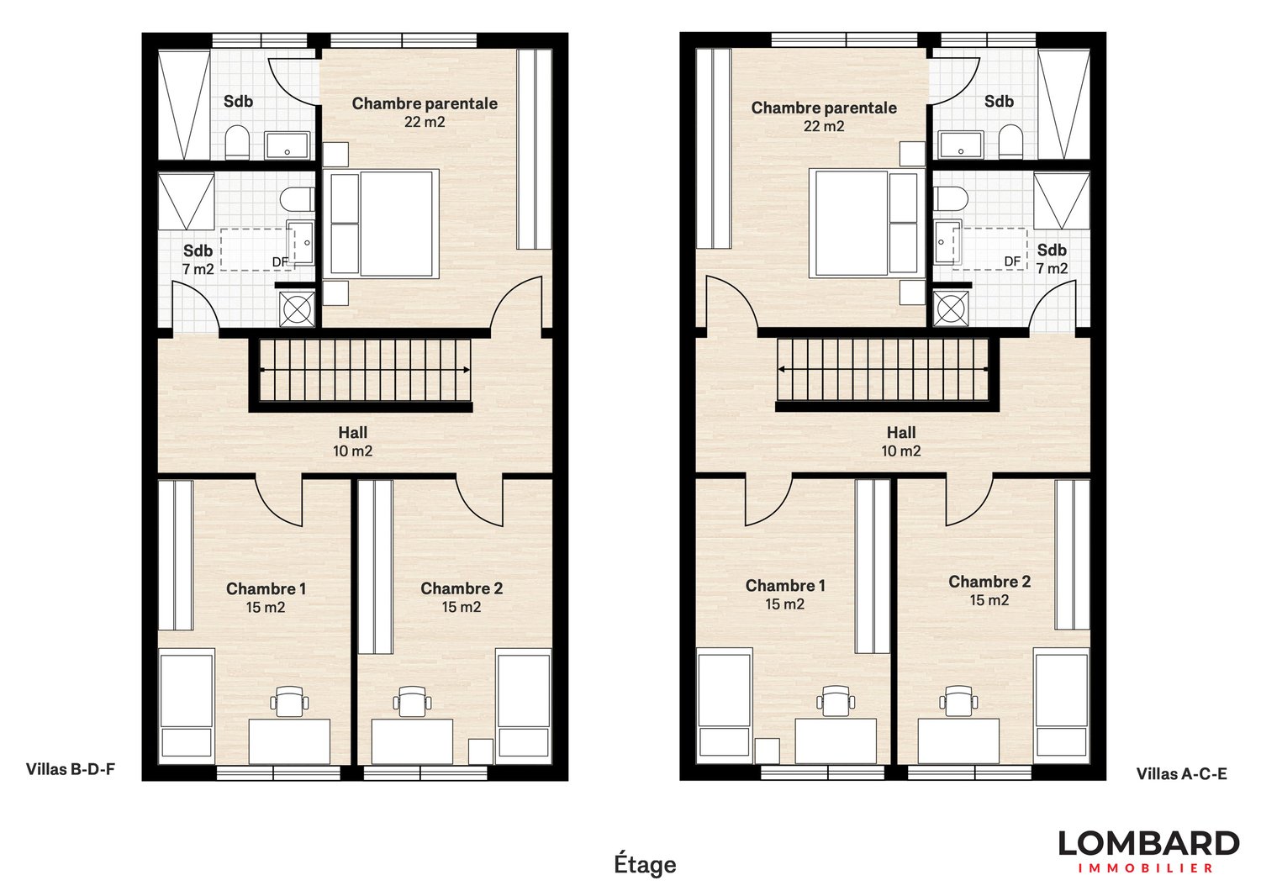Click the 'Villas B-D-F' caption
pyautogui.click(x=70, y=768)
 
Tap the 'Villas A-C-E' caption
pyautogui.click(x=1181, y=773)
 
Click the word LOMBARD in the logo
pyautogui.click(x=1148, y=843)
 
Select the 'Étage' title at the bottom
pyautogui.click(x=645, y=864)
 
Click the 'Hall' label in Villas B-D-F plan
pyautogui.click(x=353, y=433)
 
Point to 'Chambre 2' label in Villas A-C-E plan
pyautogui.click(x=989, y=582)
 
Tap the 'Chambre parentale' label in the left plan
pyautogui.click(x=425, y=103)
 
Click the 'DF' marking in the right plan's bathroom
pyautogui.click(x=1012, y=261)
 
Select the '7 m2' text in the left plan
pyautogui.click(x=198, y=269)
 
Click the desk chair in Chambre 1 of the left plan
pyautogui.click(x=288, y=701)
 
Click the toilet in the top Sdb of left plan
pyautogui.click(x=237, y=142)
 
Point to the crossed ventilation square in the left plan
pyautogui.click(x=298, y=308)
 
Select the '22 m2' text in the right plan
pyautogui.click(x=824, y=126)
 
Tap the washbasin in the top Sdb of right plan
pyautogui.click(x=961, y=145)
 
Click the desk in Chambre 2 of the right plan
pyautogui.click(x=958, y=741)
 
